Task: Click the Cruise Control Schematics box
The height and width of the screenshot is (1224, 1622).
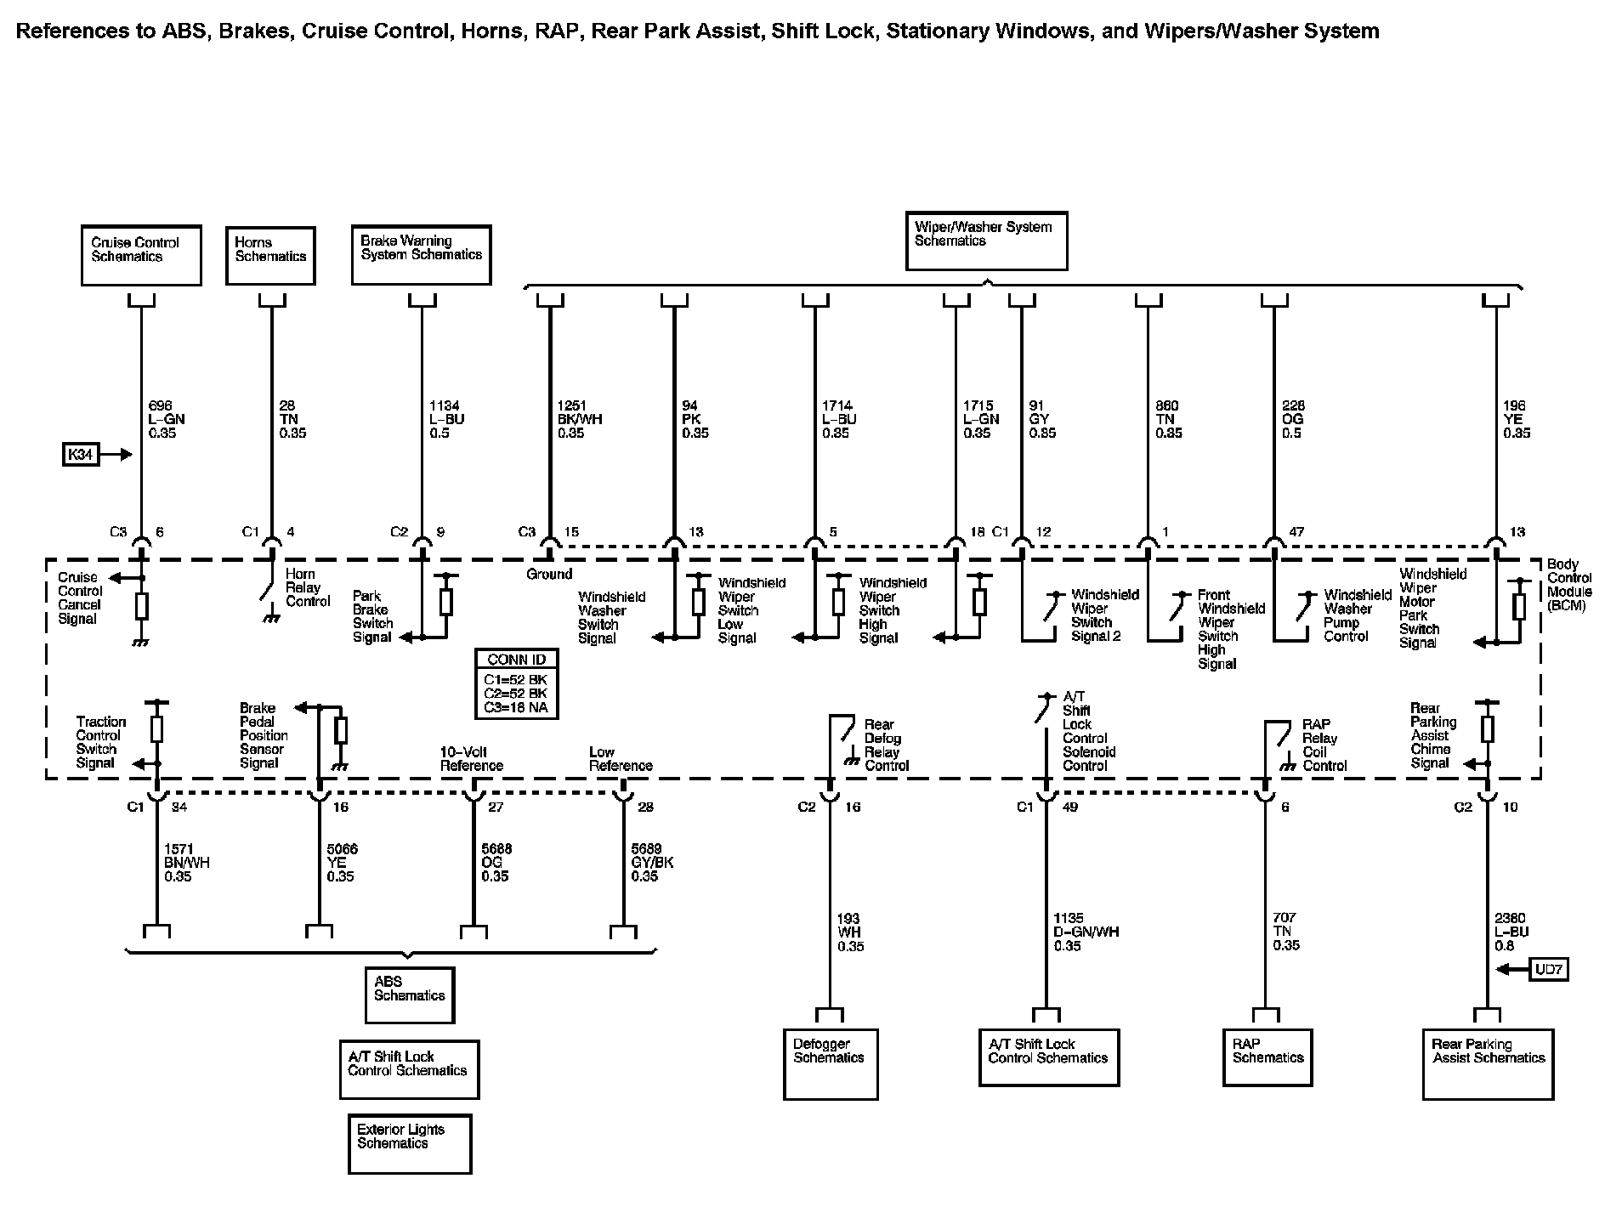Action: (141, 255)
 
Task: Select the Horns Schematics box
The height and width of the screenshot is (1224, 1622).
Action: (270, 255)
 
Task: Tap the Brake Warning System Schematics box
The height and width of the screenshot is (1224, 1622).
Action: (421, 254)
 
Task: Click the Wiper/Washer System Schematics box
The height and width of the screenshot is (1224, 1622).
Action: (986, 241)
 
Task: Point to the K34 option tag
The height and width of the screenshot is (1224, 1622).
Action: (80, 455)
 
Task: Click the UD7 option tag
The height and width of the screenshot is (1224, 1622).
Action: (1548, 969)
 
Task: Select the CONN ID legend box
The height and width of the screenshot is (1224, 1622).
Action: (517, 683)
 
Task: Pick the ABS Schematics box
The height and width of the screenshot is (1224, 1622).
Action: (410, 994)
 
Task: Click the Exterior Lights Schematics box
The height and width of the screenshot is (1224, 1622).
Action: (410, 1143)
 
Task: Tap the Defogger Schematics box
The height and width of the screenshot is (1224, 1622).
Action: (830, 1064)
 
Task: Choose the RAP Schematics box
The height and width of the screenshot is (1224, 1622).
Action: (1268, 1057)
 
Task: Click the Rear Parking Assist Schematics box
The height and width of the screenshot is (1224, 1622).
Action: (1488, 1064)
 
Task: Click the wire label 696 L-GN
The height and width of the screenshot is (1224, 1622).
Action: (166, 419)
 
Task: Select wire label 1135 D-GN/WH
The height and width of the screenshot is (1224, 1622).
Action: (1086, 932)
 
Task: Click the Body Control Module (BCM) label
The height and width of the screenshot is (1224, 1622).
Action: (1568, 585)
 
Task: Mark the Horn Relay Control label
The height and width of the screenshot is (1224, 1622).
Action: (307, 588)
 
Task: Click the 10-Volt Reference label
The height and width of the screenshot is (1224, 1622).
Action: (471, 758)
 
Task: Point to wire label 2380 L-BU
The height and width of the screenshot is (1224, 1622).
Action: (1511, 932)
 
